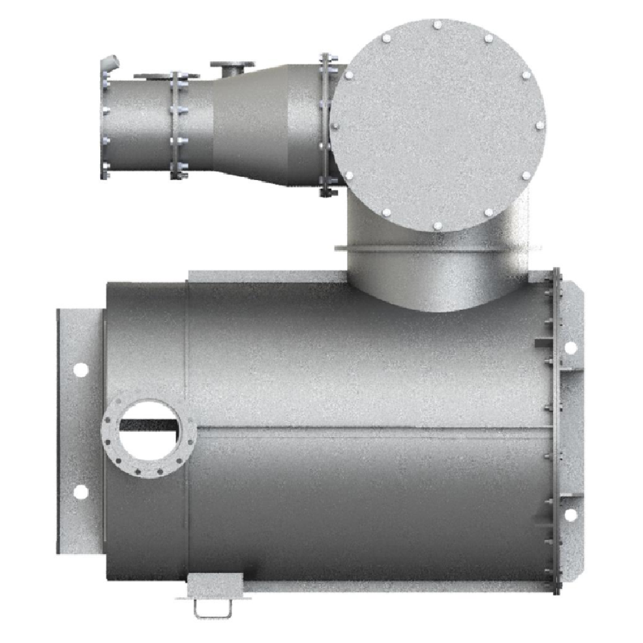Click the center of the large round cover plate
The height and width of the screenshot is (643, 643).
pos(437,124)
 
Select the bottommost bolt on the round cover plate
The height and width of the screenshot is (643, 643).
pos(437,225)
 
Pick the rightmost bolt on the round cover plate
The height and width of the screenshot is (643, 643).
pos(539,125)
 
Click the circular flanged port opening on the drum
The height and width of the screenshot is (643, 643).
pos(149,437)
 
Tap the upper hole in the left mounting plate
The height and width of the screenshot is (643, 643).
pos(80,370)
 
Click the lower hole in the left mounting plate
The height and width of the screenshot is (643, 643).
pos(80,492)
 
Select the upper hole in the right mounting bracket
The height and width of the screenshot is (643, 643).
pos(570,347)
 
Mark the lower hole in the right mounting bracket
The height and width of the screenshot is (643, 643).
pos(570,515)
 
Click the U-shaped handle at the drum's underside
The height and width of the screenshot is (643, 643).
pos(213,607)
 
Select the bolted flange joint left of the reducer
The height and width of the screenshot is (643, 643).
pos(177,125)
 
